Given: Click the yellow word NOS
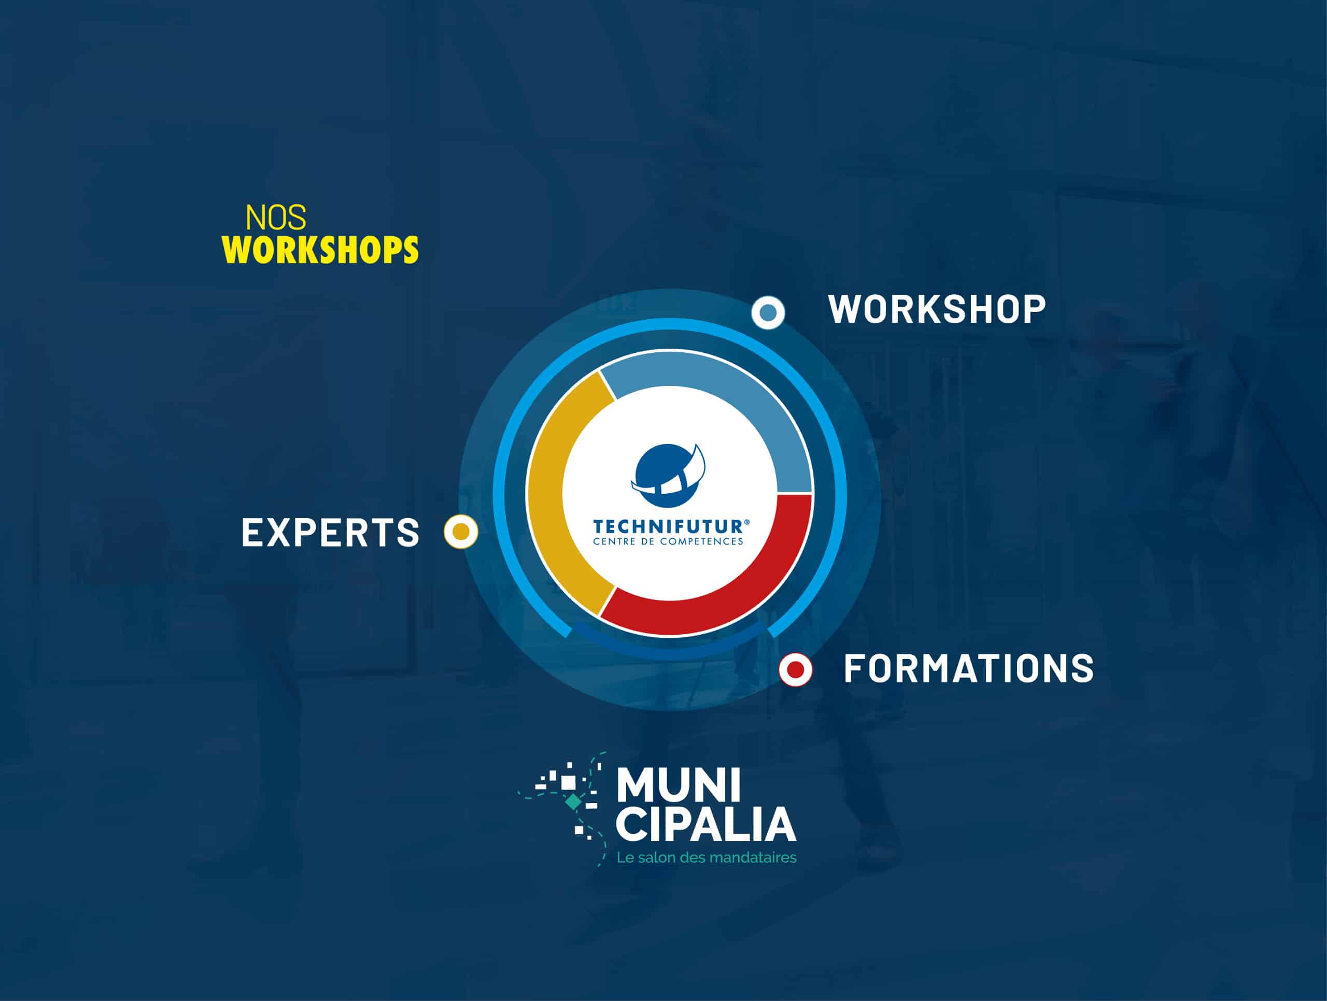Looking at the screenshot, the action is [x=275, y=218].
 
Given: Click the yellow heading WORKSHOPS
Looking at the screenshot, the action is [x=320, y=250].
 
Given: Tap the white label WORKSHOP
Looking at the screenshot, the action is [x=937, y=309].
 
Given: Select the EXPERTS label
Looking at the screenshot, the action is [x=331, y=532].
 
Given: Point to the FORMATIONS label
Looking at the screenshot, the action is [x=969, y=668].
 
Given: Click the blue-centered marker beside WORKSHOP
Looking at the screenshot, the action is [x=768, y=312].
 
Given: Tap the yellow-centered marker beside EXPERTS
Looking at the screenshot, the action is [x=461, y=532].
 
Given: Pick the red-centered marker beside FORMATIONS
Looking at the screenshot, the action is [x=796, y=669].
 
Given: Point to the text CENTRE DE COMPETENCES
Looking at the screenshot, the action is [x=668, y=541].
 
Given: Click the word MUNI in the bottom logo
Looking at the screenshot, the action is [x=679, y=785].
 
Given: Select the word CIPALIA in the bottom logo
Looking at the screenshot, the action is [x=706, y=825].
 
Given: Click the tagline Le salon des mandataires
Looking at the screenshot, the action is [x=707, y=857].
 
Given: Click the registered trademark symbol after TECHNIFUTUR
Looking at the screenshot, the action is [x=747, y=522].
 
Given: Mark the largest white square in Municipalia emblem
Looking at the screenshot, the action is [x=568, y=782].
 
